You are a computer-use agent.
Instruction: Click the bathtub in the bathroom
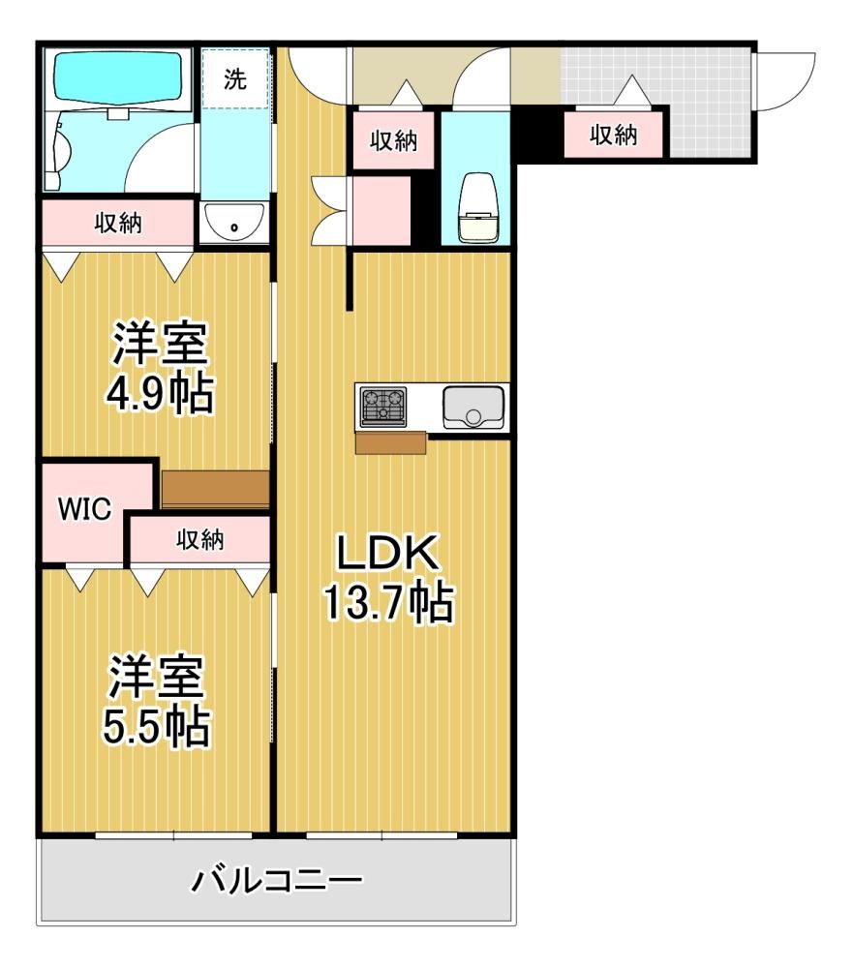pos(118,75)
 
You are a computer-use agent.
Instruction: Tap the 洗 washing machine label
pos(234,79)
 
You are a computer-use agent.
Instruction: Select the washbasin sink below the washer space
pos(234,222)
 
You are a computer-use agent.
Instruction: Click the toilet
pos(477,207)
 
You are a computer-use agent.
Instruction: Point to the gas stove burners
pos(383,407)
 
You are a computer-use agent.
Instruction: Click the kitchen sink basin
pos(473,408)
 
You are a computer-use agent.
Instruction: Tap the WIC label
pos(84,509)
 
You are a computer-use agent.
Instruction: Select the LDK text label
pos(387,553)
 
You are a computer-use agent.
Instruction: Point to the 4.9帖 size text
pos(160,393)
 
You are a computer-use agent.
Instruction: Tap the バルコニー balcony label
pos(277,880)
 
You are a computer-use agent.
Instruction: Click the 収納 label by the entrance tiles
pos(613,134)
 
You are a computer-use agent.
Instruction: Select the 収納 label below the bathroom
pos(118,223)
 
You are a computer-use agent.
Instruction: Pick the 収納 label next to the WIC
pos(200,539)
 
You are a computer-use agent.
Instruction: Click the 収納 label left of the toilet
pos(393,140)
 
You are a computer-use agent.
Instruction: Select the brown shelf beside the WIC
pos(215,490)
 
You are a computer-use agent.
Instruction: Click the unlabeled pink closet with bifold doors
pos(381,210)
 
